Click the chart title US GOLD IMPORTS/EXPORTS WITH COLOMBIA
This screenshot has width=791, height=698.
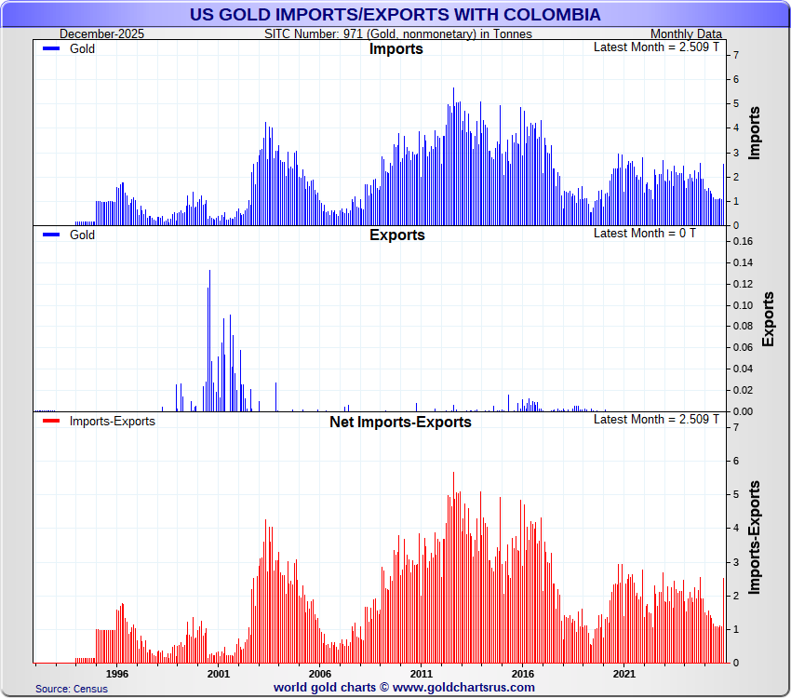[x=395, y=15]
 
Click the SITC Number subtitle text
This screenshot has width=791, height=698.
[x=398, y=34]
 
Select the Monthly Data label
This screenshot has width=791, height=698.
[x=686, y=34]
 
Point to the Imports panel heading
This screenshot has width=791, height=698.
[x=396, y=49]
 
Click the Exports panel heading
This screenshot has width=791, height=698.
[x=396, y=235]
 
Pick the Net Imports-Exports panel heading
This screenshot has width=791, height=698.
[x=400, y=423]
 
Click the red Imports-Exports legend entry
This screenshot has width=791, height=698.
[x=112, y=422]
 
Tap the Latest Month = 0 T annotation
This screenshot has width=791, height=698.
[x=644, y=233]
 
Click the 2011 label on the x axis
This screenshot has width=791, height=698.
[x=421, y=673]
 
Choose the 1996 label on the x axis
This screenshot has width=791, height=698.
[x=116, y=673]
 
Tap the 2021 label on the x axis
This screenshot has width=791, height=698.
[x=623, y=673]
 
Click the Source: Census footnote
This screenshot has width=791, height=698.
[x=72, y=689]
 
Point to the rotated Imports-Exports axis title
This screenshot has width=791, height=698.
[x=755, y=537]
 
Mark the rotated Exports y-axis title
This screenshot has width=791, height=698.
[x=768, y=319]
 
